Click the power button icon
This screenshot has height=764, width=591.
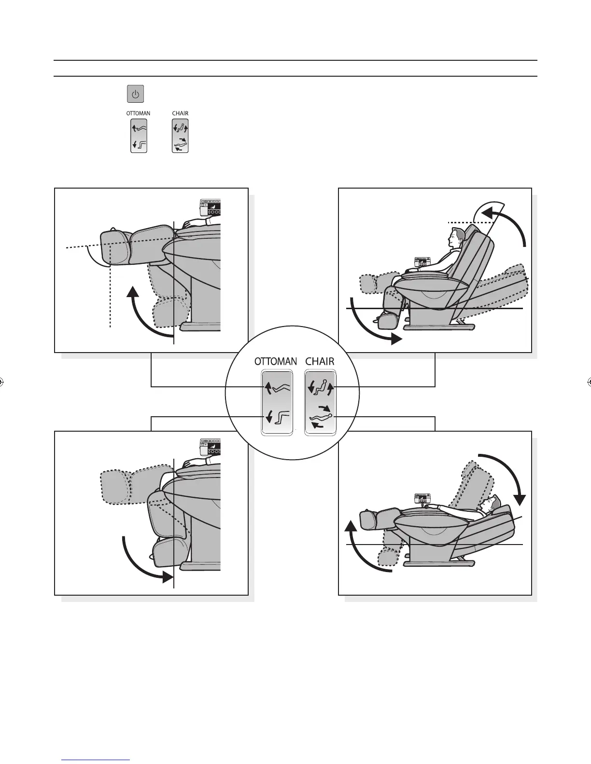pos(136,94)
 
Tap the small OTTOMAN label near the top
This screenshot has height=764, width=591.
pos(138,113)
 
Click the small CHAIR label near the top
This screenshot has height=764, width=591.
pos(180,113)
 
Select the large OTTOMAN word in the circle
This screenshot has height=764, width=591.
pos(276,361)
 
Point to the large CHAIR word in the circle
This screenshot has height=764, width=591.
pos(320,361)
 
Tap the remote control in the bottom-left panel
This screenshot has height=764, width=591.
pos(210,447)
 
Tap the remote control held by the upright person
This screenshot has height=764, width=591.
pos(422,262)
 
